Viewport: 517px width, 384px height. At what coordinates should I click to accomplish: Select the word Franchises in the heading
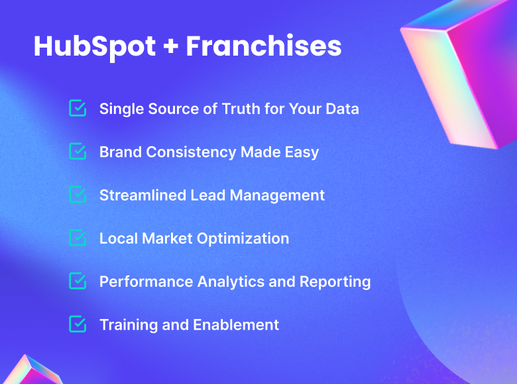tap(264, 46)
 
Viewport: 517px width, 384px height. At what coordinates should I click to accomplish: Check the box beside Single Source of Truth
tap(78, 108)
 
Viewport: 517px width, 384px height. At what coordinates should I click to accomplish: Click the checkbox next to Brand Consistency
tap(78, 152)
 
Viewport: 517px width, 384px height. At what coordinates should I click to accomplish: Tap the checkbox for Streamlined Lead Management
tap(78, 195)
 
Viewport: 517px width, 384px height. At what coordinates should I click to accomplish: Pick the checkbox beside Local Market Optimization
tap(78, 238)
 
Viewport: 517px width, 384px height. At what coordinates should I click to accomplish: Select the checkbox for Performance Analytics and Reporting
tap(78, 281)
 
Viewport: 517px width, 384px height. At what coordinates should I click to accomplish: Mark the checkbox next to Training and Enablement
tap(78, 324)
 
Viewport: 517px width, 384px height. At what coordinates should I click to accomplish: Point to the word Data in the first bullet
tap(341, 109)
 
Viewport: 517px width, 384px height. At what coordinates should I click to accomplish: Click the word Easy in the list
tap(302, 152)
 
